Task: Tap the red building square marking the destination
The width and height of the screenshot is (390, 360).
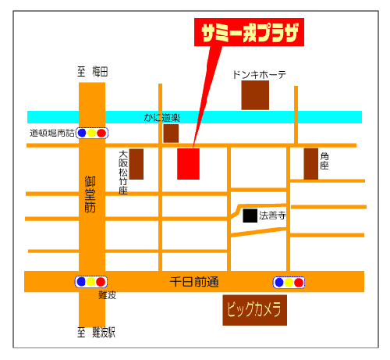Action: (x=189, y=163)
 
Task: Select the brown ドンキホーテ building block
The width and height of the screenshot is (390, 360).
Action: (x=255, y=95)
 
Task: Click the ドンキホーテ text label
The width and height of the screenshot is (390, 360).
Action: (x=259, y=75)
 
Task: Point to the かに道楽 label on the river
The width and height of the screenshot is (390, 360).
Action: (x=161, y=117)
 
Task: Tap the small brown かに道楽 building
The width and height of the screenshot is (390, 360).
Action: (x=171, y=134)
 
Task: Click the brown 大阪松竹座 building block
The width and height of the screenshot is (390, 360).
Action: (x=136, y=164)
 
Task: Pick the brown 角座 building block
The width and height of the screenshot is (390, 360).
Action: (x=311, y=164)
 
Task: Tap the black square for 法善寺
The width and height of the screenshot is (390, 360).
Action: (x=250, y=216)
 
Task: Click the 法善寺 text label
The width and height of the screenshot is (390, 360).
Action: (x=273, y=215)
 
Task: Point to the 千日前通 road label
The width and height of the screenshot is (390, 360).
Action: (x=195, y=281)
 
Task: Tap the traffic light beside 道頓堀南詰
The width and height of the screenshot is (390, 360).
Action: (x=91, y=133)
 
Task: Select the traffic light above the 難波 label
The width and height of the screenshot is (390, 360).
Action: (x=90, y=281)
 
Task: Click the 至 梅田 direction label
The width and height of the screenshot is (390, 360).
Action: (x=92, y=71)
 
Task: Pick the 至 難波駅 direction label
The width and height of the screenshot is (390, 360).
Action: (x=96, y=333)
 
